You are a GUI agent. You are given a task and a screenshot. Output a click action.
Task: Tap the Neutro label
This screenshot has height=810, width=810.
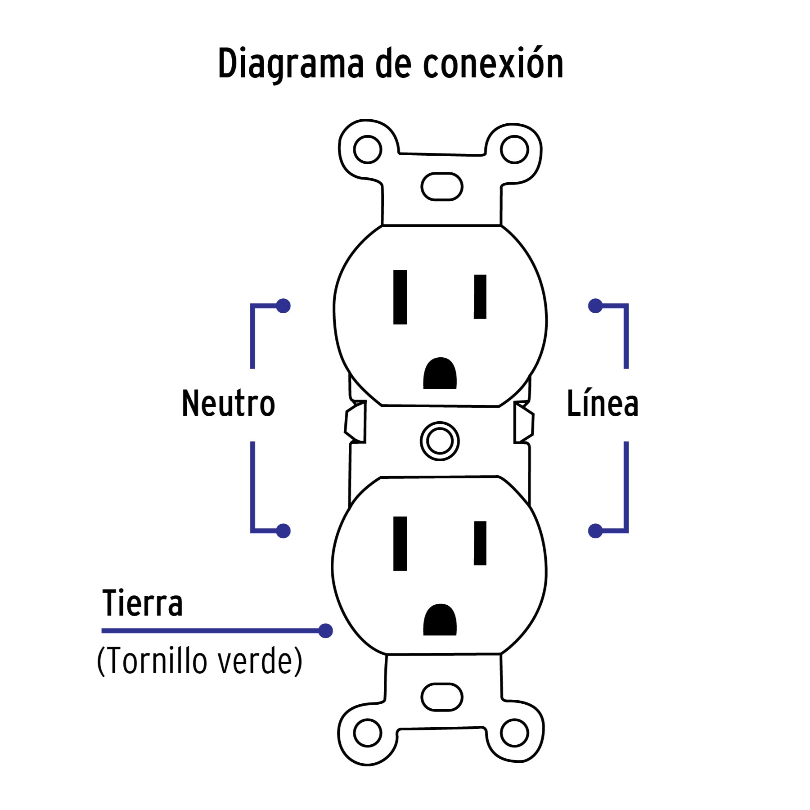coord(228,403)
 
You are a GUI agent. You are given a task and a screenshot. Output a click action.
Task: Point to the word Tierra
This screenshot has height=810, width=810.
coord(143,603)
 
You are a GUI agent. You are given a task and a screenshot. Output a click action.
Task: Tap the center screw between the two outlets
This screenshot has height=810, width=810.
coord(440,441)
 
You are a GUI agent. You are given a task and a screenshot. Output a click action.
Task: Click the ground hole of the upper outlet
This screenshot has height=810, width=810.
coord(440,373)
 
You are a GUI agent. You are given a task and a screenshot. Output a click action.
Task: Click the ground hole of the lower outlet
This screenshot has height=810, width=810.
coord(440,619)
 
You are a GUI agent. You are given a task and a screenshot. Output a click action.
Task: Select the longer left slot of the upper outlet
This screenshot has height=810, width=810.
coord(400,297)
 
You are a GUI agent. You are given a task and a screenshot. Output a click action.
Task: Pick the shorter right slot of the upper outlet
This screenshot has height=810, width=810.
coord(480,297)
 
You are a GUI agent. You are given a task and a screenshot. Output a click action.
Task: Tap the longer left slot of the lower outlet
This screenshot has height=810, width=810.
coord(400,544)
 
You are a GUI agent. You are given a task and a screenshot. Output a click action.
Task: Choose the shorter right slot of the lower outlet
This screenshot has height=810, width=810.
coord(480,543)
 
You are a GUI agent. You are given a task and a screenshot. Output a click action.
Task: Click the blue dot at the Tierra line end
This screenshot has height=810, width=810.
coord(325,630)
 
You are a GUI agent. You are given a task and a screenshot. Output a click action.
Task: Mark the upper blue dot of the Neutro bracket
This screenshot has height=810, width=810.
coord(283,306)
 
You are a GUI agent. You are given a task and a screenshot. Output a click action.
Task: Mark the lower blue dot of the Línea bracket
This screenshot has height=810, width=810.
coord(595,531)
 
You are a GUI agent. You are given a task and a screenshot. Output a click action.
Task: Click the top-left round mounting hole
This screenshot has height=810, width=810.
coord(368,149)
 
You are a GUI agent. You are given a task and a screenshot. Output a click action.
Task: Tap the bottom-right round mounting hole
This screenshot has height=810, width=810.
coord(514,733)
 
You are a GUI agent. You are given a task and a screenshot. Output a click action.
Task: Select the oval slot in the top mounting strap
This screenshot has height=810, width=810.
coord(441,186)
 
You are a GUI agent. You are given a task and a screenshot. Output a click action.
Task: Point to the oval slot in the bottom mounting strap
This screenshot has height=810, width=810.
coord(441,697)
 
